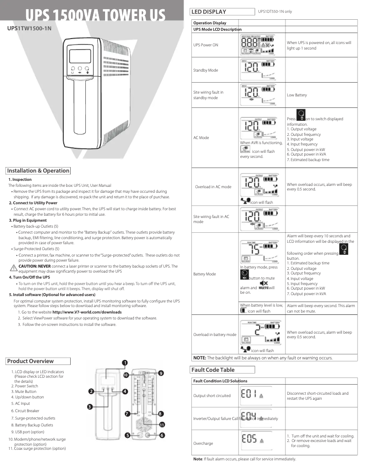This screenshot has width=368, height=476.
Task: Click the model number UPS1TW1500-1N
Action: tap(28, 28)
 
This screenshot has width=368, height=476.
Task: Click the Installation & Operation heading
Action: tap(38, 171)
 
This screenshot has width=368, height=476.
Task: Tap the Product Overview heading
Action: tap(30, 361)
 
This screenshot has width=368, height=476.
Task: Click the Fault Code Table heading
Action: tap(212, 370)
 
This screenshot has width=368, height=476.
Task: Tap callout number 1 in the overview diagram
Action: tap(125, 363)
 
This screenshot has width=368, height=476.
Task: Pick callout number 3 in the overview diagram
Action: tap(90, 406)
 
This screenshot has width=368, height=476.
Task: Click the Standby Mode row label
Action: tap(206, 70)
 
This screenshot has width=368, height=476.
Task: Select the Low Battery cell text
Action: tap(297, 95)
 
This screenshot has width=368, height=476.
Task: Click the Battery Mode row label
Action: tap(205, 274)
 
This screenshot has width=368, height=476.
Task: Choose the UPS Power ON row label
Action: tap(206, 45)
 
